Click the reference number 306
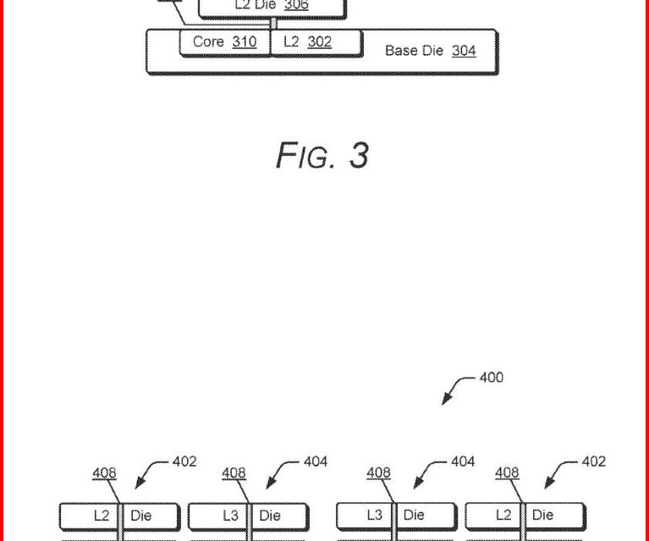(297, 5)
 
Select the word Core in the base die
(208, 42)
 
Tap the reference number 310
(244, 42)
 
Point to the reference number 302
(319, 42)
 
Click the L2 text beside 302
(291, 42)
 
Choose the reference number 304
(464, 51)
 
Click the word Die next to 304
(433, 51)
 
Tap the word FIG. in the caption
(305, 155)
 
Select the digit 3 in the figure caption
(358, 155)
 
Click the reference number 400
(491, 378)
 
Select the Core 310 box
(225, 43)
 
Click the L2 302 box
(315, 43)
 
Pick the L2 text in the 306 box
(243, 5)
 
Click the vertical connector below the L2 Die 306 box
(270, 25)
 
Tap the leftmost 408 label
(104, 473)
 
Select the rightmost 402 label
(594, 461)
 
